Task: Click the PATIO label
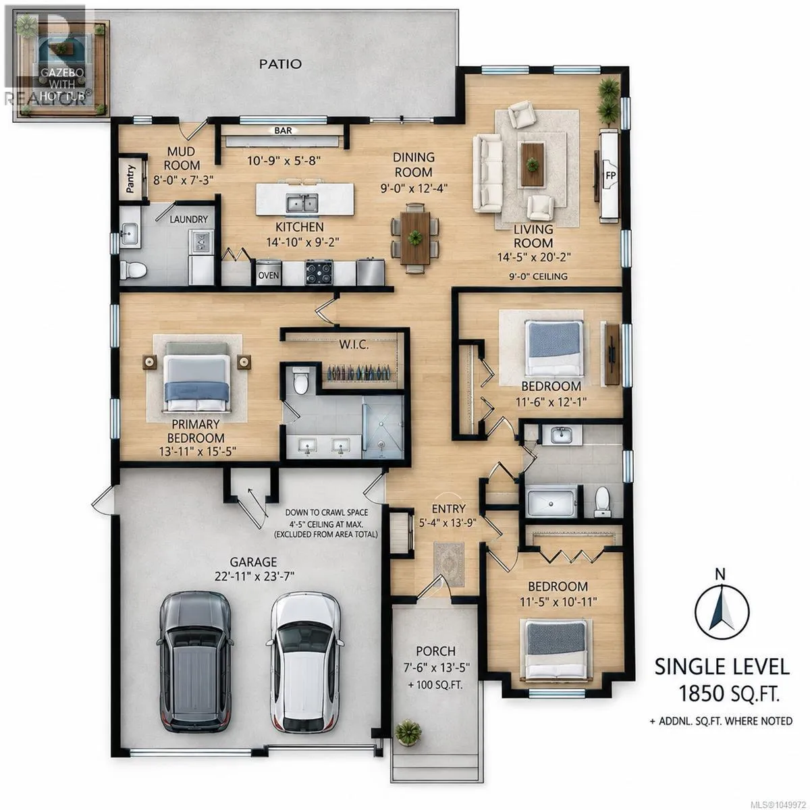tap(280, 64)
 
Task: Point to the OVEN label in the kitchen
tap(268, 275)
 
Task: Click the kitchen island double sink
tap(302, 203)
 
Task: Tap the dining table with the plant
tap(415, 238)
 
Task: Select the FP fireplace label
tap(610, 175)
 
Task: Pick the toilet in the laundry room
tap(133, 270)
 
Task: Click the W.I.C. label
tap(354, 346)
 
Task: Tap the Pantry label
tap(130, 179)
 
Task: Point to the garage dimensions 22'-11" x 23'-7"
tap(254, 576)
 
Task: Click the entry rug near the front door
tap(449, 564)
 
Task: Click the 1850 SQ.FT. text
tap(729, 693)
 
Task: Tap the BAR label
tap(283, 131)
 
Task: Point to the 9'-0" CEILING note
tap(538, 277)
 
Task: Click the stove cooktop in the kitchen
tap(319, 273)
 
